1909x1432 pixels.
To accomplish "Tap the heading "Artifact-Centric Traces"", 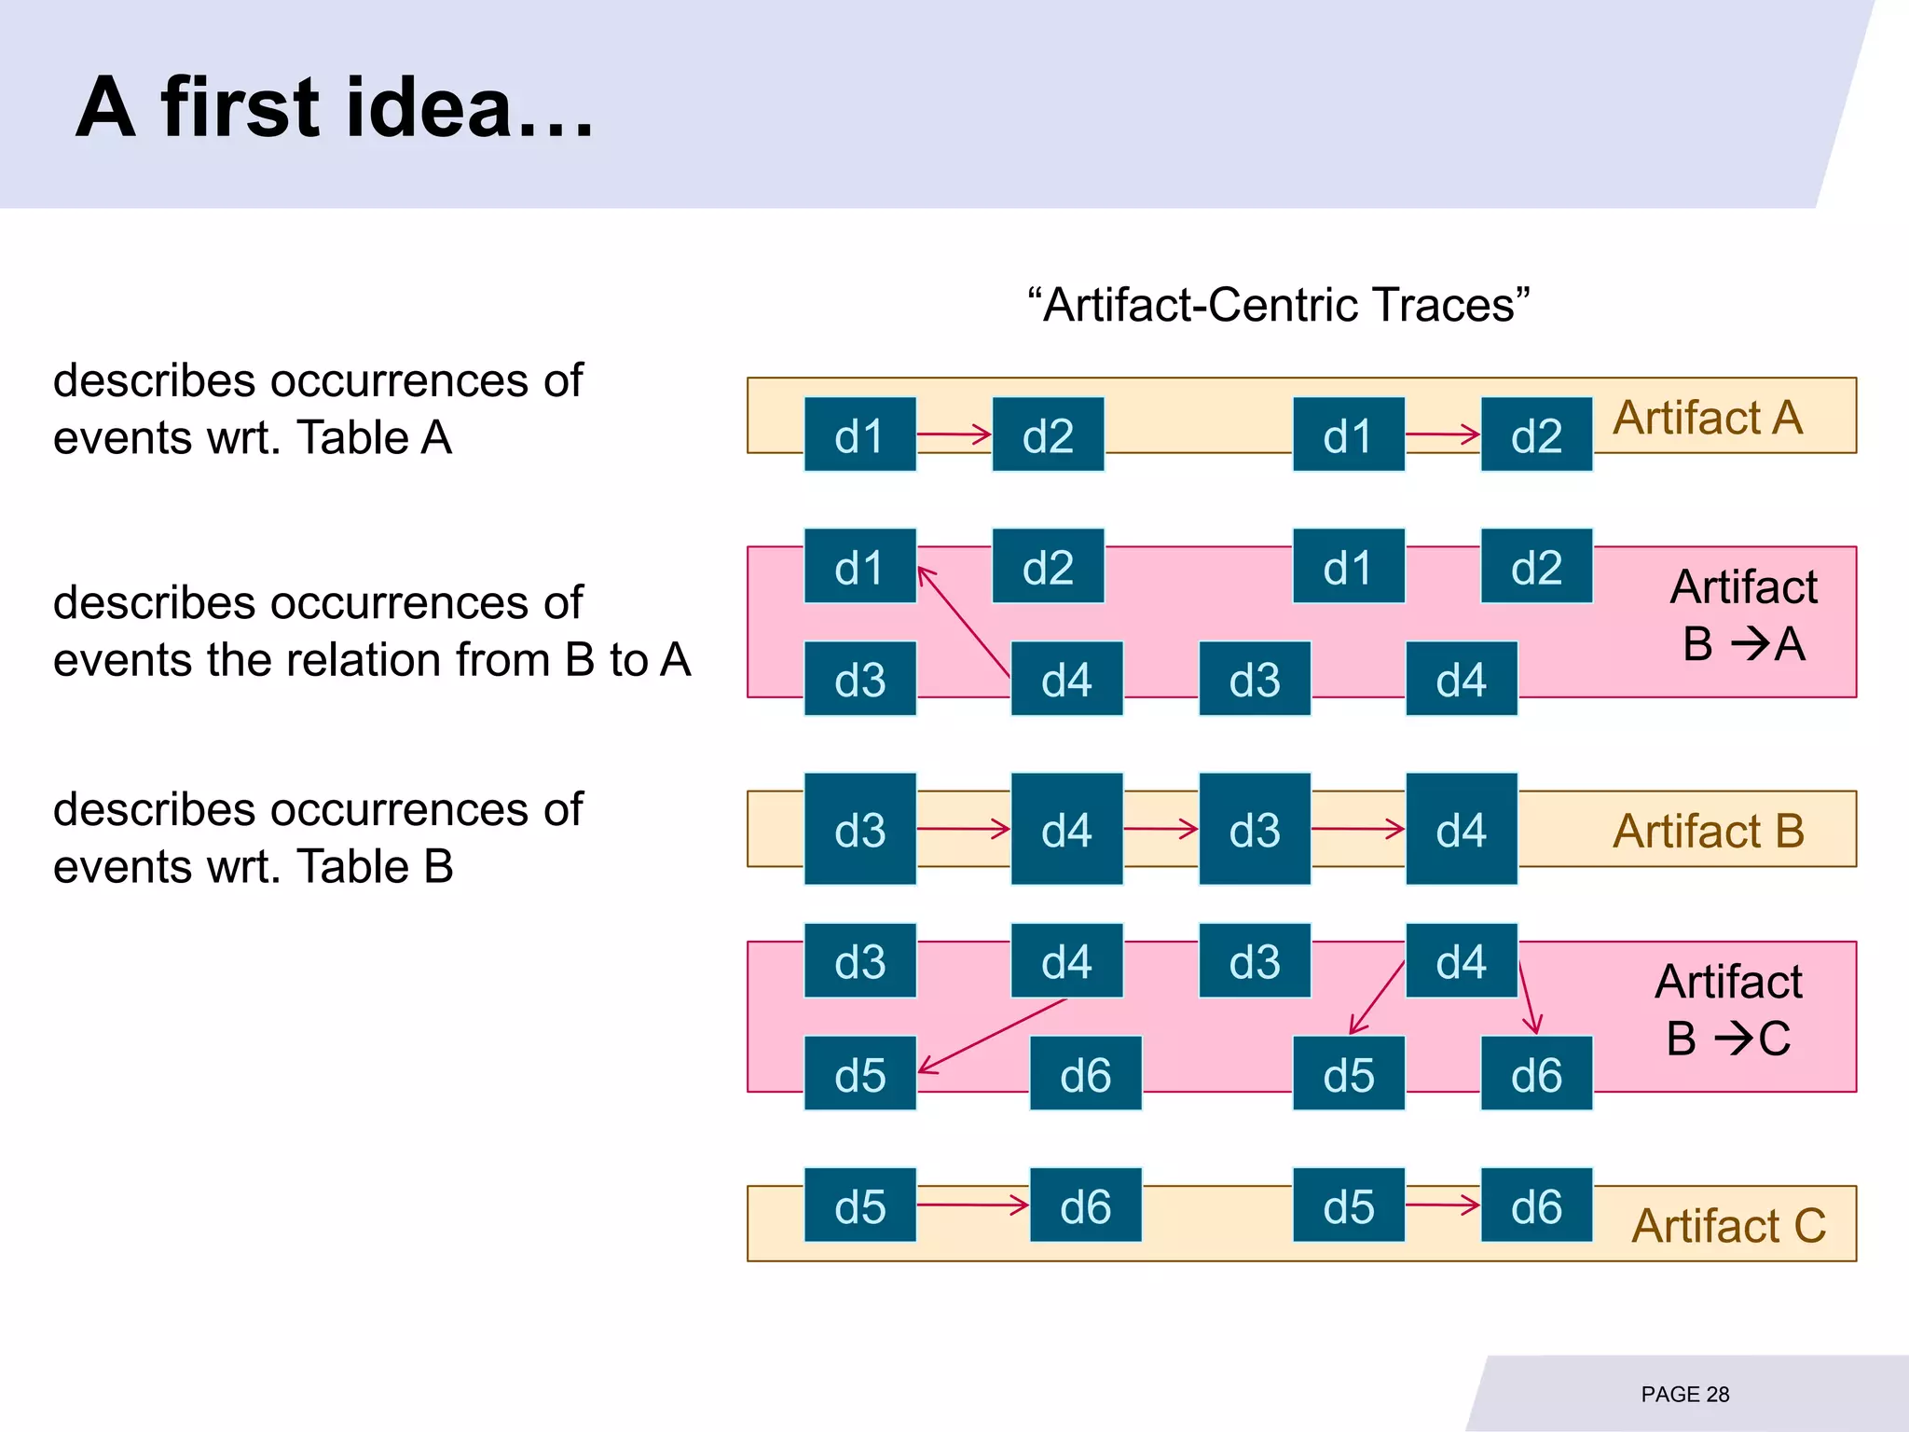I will [x=1278, y=305].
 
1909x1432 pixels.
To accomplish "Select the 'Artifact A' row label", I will [x=1708, y=418].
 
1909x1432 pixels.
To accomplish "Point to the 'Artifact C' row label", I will [x=1728, y=1225].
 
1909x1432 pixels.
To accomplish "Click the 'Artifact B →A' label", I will [x=1743, y=615].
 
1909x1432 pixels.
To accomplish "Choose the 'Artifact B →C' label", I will [x=1728, y=1010].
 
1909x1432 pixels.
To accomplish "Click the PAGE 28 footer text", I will [x=1684, y=1394].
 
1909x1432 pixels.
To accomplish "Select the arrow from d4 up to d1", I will [x=964, y=621].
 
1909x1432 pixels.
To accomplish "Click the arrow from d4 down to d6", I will [x=1528, y=998].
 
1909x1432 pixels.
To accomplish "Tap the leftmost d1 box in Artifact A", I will [x=859, y=435].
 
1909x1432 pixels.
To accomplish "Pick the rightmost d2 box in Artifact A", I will [x=1536, y=435].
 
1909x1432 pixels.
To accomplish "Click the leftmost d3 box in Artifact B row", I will [x=859, y=829].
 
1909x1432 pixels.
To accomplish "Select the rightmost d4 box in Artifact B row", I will [x=1461, y=829].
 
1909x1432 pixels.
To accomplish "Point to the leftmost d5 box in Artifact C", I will [x=859, y=1205].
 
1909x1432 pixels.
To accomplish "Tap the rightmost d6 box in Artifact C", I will [x=1536, y=1205].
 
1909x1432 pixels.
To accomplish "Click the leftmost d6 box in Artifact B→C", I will [x=1085, y=1074].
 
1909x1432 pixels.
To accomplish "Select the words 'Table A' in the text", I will [x=374, y=437].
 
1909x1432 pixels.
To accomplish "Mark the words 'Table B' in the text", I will [x=375, y=867].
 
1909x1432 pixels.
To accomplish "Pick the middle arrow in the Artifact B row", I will [x=1161, y=829].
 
